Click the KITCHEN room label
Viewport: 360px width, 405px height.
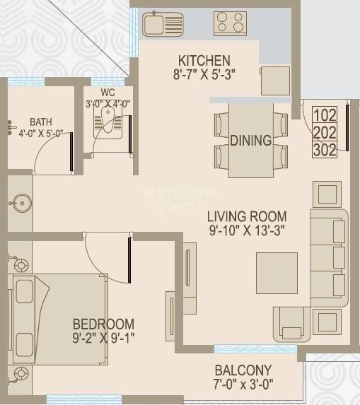204,60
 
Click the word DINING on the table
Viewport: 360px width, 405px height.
250,141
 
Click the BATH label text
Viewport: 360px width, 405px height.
40,122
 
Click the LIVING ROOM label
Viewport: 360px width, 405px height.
247,217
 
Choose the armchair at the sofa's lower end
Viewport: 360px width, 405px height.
293,324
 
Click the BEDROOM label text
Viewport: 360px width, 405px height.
103,324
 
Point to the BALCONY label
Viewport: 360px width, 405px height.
243,370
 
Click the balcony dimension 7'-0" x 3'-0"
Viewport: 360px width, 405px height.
243,385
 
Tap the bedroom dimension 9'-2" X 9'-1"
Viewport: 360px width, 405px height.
103,337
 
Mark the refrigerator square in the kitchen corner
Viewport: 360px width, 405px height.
274,81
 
